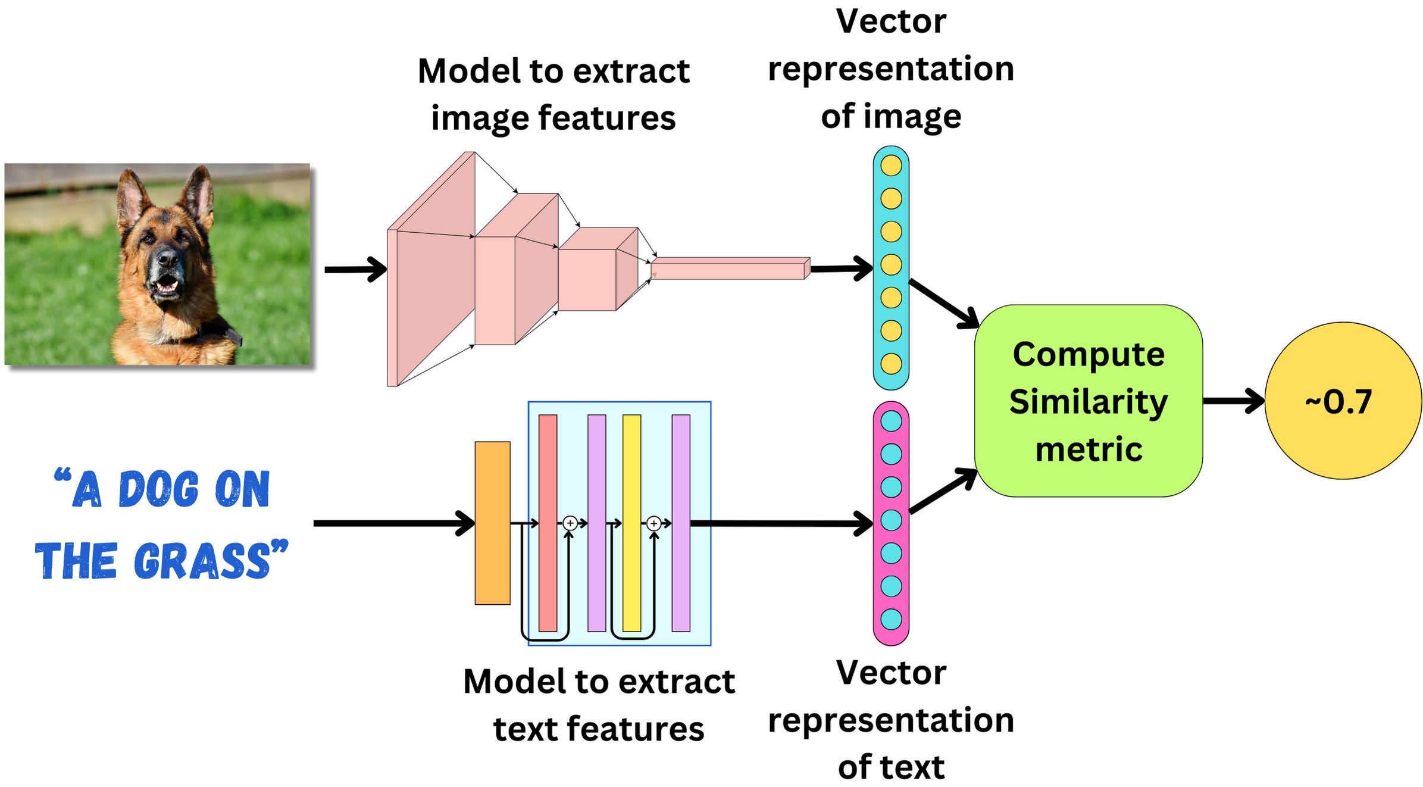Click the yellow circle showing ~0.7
pos(1342,401)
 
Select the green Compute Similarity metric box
pos(1088,400)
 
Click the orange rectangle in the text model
pos(492,523)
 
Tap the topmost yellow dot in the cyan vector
pos(891,165)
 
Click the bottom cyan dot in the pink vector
pos(891,619)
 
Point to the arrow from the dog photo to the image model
pos(355,270)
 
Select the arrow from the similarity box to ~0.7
pos(1232,401)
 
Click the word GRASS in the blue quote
pos(202,561)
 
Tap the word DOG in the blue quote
pos(158,489)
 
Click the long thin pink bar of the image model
pos(729,268)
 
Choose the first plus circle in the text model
pos(570,523)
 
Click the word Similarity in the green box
pos(1088,401)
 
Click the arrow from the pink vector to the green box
pos(943,491)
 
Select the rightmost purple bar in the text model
pos(681,523)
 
